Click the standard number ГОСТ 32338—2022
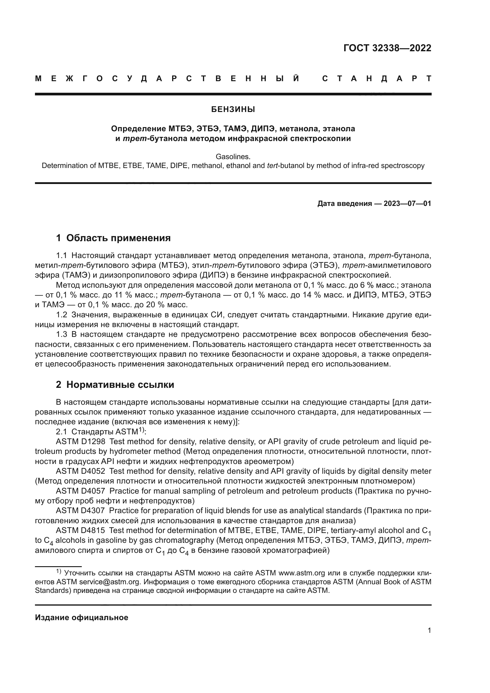[x=387, y=48]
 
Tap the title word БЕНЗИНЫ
[x=233, y=110]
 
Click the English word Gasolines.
[x=233, y=157]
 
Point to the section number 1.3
[x=62, y=335]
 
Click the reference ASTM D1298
[x=81, y=441]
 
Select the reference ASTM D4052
[x=81, y=471]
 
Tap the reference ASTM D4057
[x=81, y=491]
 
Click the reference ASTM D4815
[x=81, y=530]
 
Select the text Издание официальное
[x=81, y=617]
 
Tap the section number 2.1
[x=62, y=432]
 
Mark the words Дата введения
[x=344, y=204]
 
